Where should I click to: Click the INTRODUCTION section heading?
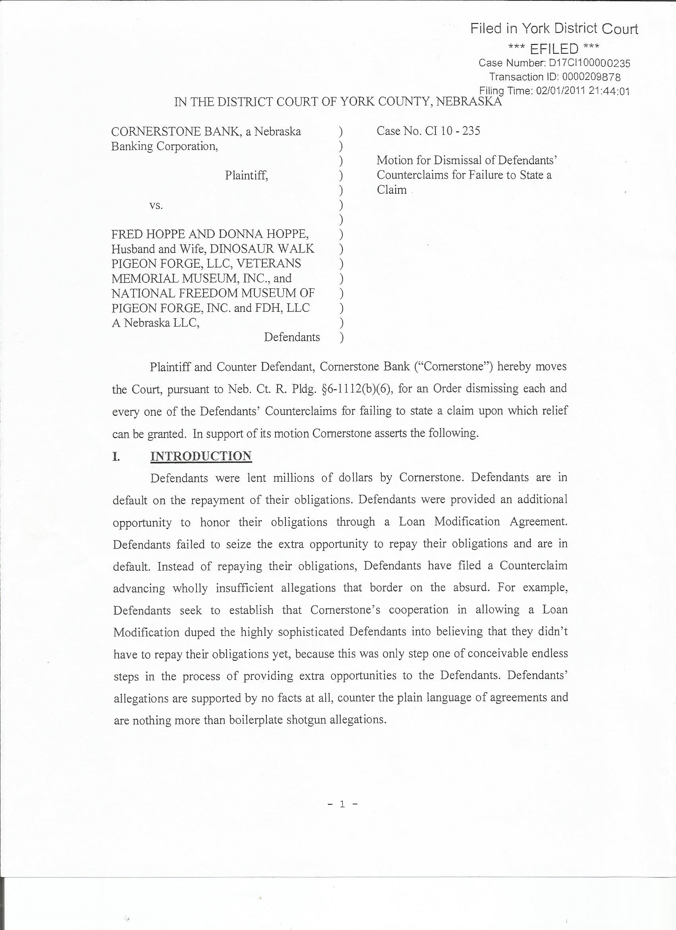click(201, 456)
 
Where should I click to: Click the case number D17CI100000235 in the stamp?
click(589, 63)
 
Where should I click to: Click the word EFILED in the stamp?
click(554, 49)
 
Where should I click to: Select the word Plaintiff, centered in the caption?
click(247, 175)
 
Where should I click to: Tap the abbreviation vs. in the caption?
click(156, 205)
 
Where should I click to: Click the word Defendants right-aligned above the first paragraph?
click(292, 337)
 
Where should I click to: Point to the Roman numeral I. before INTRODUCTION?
click(116, 456)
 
